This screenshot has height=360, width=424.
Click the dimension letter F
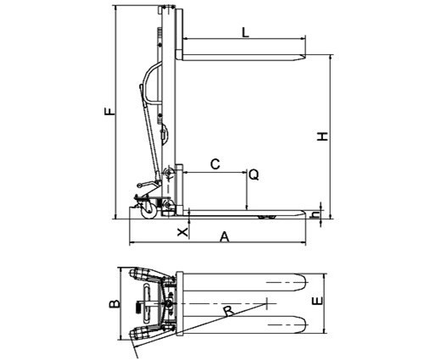pyautogui.click(x=109, y=111)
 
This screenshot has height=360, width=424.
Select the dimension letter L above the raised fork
pyautogui.click(x=246, y=32)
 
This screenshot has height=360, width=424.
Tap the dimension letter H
pyautogui.click(x=322, y=136)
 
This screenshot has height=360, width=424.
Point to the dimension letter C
pyautogui.click(x=215, y=164)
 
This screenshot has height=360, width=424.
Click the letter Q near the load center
pyautogui.click(x=254, y=175)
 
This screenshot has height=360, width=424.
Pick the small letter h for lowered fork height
pyautogui.click(x=315, y=215)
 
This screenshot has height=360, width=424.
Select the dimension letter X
pyautogui.click(x=182, y=232)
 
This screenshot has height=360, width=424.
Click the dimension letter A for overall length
pyautogui.click(x=225, y=237)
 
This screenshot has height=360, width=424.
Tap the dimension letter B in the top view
pyautogui.click(x=114, y=304)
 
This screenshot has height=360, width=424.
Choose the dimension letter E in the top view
pyautogui.click(x=317, y=301)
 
